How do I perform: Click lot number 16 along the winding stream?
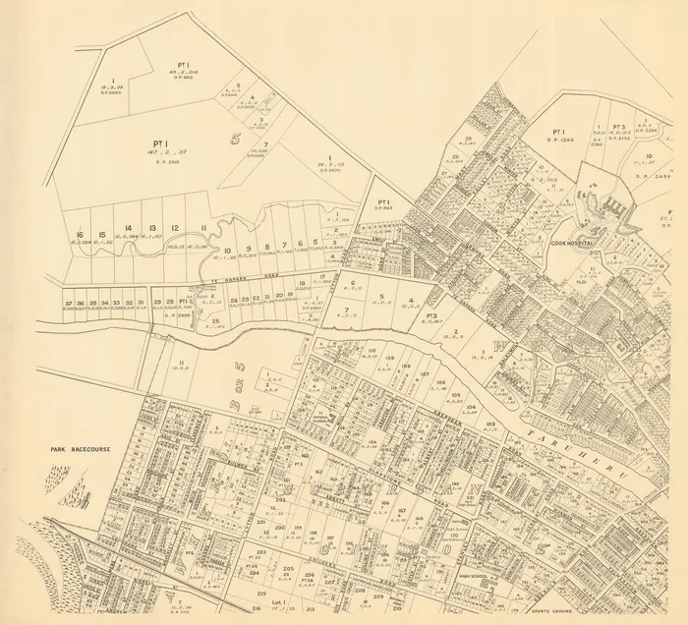79,235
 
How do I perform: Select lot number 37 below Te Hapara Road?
68,303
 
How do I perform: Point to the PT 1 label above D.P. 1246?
558,131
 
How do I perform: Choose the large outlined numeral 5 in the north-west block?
235,138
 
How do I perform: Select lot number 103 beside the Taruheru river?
489,424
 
